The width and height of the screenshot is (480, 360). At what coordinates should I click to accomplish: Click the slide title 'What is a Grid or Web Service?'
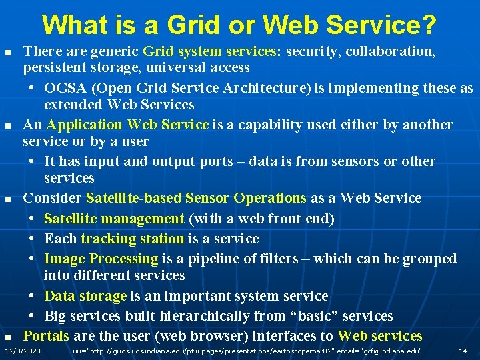[240, 25]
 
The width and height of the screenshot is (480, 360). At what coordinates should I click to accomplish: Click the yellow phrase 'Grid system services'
[212, 51]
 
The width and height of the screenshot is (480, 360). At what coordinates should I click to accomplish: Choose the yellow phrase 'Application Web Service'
[128, 125]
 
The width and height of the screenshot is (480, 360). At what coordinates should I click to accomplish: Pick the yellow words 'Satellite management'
[114, 219]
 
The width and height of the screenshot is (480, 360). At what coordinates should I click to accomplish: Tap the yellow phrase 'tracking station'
[132, 239]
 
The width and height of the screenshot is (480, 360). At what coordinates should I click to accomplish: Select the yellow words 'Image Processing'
[101, 259]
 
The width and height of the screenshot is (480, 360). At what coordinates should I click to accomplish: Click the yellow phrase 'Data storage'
[85, 296]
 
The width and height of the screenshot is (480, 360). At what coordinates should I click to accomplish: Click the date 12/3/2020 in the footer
[22, 351]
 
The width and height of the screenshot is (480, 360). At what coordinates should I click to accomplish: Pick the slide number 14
[462, 351]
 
